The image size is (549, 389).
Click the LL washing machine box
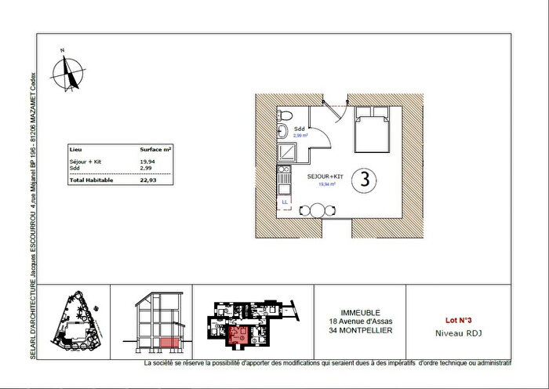click(284, 202)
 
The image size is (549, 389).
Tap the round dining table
click(317, 209)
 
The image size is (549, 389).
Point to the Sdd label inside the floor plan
click(299, 129)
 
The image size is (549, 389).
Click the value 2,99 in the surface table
click(146, 168)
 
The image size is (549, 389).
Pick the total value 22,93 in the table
click(148, 180)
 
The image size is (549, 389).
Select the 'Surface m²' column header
click(156, 147)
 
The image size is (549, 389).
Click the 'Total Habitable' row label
click(92, 180)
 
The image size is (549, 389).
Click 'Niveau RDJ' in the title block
click(458, 333)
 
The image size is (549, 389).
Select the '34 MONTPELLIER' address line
click(360, 330)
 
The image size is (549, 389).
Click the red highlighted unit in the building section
click(167, 343)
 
